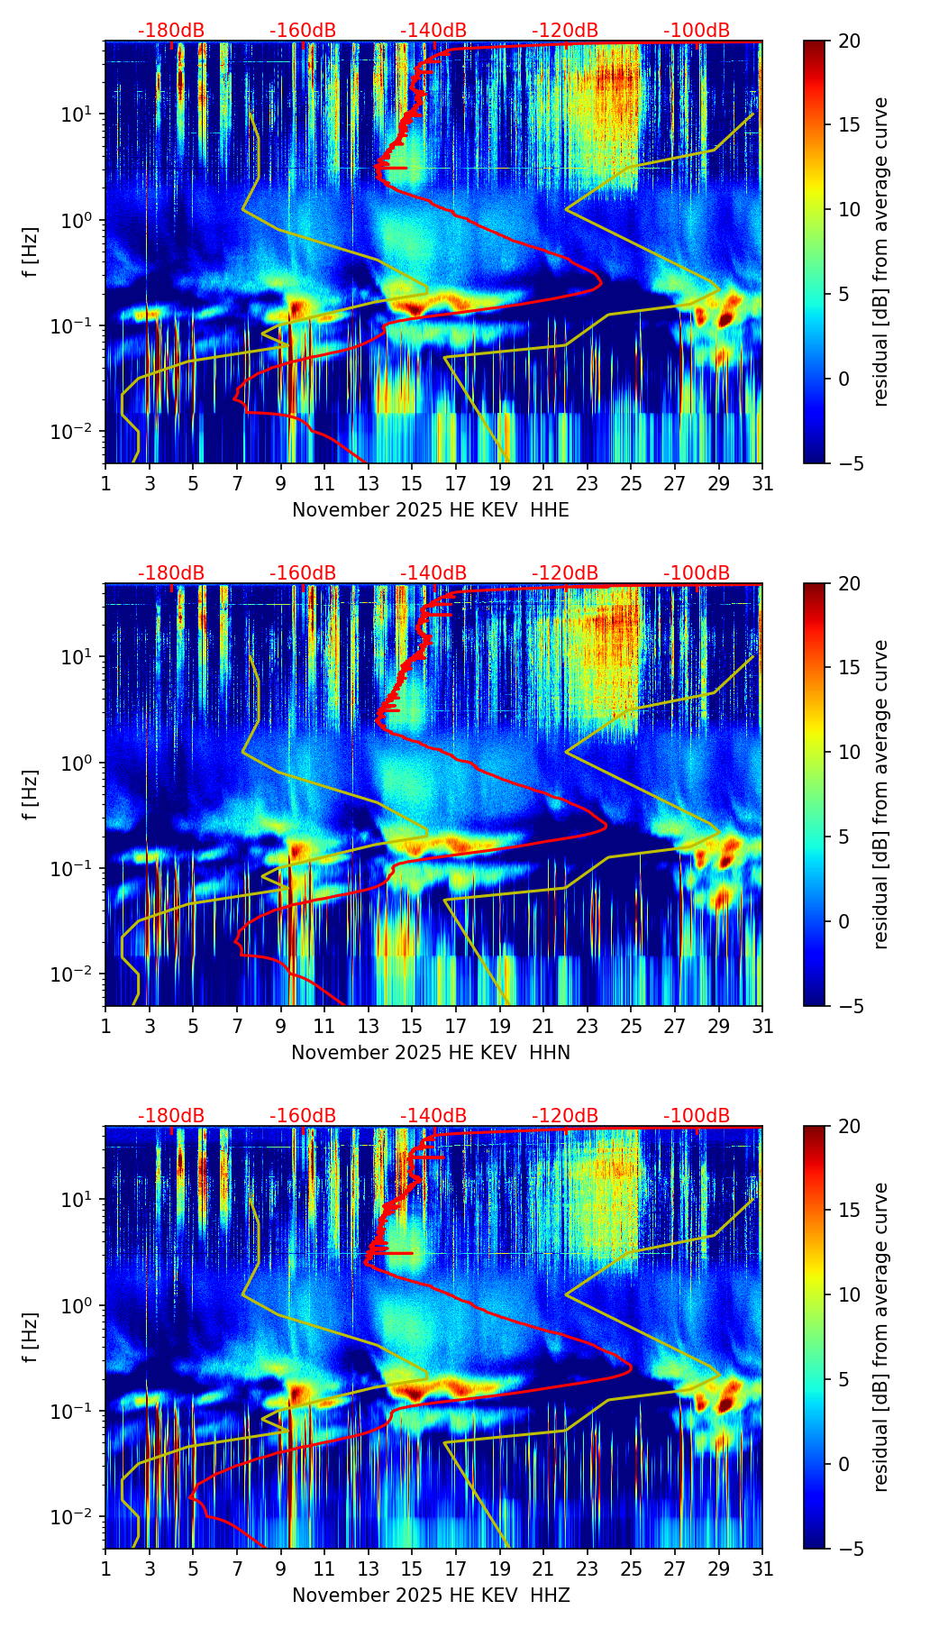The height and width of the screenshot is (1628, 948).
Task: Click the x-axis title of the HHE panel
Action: (x=430, y=510)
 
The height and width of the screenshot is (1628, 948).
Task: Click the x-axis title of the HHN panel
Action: (x=430, y=1053)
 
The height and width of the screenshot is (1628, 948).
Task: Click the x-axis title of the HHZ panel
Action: (x=430, y=1596)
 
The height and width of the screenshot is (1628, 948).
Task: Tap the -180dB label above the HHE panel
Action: (x=171, y=31)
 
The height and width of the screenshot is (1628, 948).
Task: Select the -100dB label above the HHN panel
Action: (x=697, y=573)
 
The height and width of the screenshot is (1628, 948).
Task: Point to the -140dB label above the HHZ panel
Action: (x=433, y=1116)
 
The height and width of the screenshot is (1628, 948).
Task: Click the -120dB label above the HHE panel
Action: (x=565, y=31)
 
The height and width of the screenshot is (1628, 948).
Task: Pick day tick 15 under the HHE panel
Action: (x=412, y=484)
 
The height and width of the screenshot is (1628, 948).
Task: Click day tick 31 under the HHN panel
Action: (x=762, y=1027)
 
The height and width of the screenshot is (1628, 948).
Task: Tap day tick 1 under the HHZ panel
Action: (x=105, y=1569)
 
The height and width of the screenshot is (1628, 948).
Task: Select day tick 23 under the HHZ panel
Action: (x=588, y=1569)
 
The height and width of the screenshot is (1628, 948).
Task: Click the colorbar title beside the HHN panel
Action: (x=881, y=794)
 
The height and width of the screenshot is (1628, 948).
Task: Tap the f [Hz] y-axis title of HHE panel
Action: (x=31, y=252)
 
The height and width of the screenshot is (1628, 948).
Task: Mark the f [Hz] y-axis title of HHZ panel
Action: (x=31, y=1337)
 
